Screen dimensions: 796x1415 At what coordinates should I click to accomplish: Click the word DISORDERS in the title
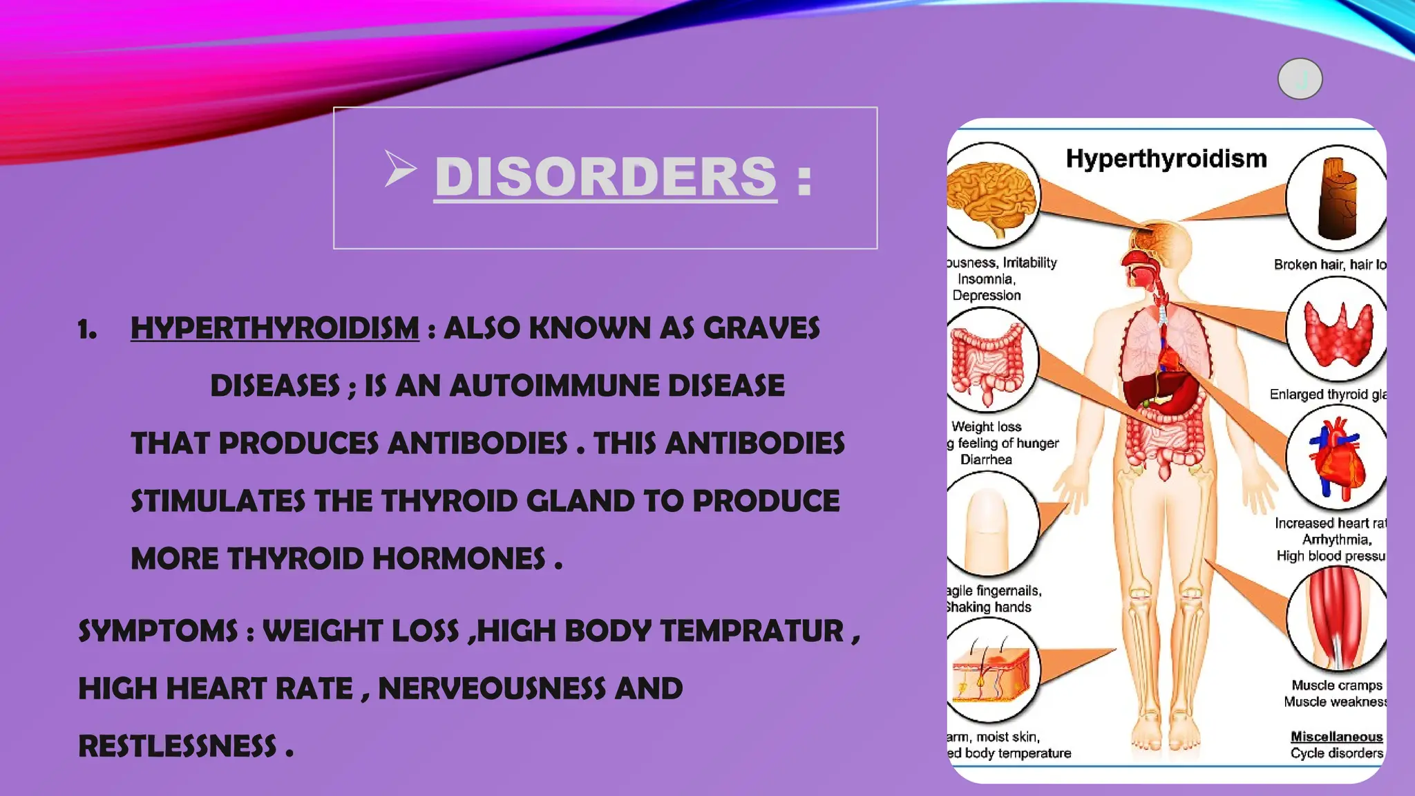[605, 177]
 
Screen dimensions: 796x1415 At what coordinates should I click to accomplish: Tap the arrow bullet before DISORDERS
[400, 169]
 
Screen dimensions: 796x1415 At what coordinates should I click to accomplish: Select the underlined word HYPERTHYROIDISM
[274, 328]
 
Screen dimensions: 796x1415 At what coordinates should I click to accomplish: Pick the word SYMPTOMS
[158, 631]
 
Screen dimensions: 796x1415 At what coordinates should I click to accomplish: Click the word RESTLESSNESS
[177, 746]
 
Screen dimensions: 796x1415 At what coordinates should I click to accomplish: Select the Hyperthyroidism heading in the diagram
[1166, 159]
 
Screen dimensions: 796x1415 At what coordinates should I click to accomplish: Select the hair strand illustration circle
[1336, 198]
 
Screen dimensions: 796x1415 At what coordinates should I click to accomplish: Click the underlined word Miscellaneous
[1336, 737]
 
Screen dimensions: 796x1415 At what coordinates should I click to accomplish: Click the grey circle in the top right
[1300, 79]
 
